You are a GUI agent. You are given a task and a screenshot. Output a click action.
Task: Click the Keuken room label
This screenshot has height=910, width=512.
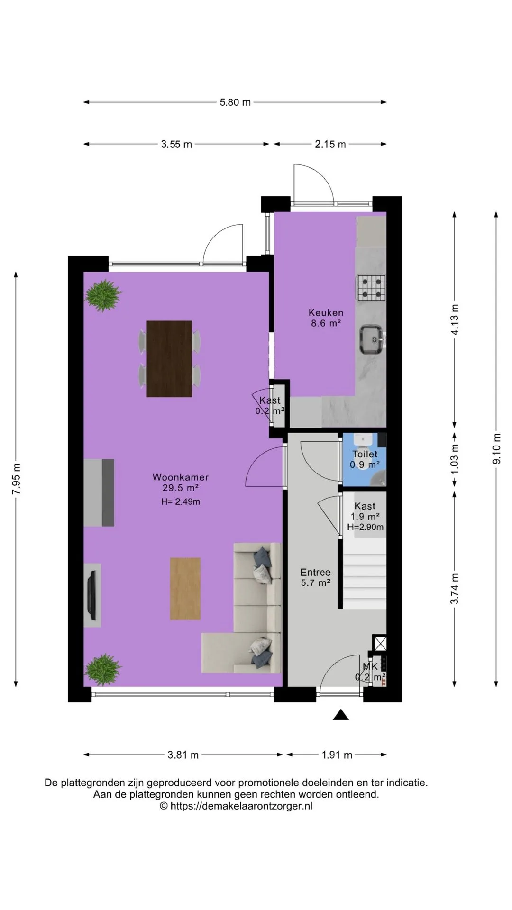point(326,313)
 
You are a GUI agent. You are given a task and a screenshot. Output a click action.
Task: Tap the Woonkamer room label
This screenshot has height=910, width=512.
point(181,477)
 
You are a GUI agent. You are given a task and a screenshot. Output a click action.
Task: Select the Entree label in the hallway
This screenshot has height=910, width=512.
point(315,573)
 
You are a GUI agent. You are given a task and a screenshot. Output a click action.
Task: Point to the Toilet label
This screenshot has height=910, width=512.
point(365,454)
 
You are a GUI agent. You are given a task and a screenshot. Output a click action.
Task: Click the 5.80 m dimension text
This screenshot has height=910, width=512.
point(235,102)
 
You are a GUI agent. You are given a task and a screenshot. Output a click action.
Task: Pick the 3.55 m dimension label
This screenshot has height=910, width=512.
point(176,145)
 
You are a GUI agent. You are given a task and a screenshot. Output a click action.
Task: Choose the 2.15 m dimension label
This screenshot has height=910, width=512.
point(330,145)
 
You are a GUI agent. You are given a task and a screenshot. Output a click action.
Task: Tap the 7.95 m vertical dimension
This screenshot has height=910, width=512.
point(16,479)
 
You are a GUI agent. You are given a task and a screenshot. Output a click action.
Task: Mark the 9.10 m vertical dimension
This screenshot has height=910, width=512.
point(496,449)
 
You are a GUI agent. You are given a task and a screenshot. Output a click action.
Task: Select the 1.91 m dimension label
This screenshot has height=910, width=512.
point(337,755)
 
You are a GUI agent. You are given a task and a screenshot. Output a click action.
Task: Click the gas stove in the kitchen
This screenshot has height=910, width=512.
point(371,289)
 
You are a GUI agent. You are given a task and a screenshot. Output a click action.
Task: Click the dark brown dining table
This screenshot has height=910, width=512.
point(169,359)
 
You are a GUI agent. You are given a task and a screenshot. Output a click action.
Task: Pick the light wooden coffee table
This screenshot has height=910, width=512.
point(185,589)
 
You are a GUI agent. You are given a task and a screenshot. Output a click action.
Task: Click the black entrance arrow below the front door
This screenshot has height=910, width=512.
point(340,715)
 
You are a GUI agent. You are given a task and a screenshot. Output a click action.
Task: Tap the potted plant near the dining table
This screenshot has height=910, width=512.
point(102,295)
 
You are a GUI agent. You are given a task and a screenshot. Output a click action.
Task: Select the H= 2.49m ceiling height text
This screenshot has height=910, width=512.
point(181,501)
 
